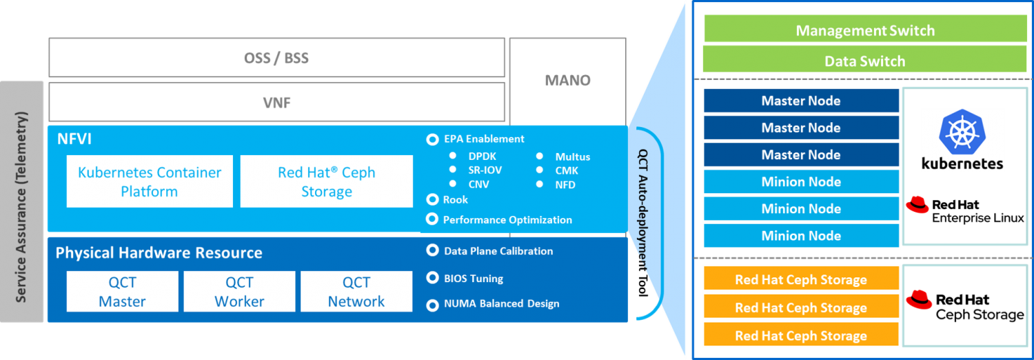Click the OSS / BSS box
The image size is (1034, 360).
(276, 58)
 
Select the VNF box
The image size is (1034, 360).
(276, 102)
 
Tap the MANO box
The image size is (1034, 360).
(567, 80)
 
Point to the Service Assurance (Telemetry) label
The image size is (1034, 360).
(21, 208)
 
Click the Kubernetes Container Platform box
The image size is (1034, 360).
(150, 181)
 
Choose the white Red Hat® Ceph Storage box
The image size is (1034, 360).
(327, 181)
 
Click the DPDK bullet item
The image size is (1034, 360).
(482, 157)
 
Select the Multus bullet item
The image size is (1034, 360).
(572, 157)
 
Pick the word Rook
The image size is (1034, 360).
(456, 199)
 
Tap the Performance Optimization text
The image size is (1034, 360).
(507, 220)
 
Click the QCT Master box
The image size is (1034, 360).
(122, 292)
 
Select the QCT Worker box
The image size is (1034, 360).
(239, 292)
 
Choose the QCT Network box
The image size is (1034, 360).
(356, 292)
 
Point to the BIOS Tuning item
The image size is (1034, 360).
(474, 279)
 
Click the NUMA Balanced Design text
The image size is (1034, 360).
(502, 303)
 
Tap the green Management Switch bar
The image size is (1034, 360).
(865, 31)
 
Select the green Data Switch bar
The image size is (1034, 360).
(865, 61)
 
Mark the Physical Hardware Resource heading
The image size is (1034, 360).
(159, 253)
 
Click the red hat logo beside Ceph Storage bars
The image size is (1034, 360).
(919, 299)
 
